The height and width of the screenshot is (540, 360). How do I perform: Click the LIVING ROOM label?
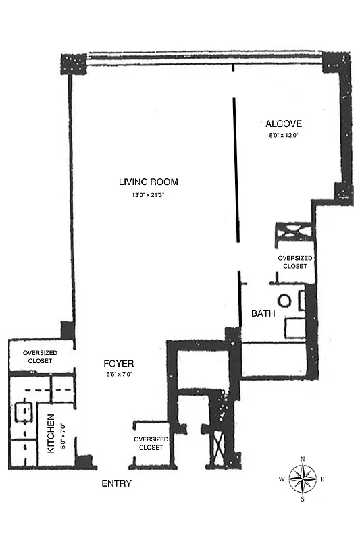point(148,182)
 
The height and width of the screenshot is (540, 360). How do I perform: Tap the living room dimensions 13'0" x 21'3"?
point(148,195)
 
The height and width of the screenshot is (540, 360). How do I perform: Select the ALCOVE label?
point(283,124)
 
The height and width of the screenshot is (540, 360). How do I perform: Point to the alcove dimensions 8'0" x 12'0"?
point(283,135)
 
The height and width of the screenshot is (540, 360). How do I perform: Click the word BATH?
point(262,314)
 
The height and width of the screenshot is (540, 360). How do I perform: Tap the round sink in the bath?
point(284,300)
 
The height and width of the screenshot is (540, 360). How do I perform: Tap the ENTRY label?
point(116,484)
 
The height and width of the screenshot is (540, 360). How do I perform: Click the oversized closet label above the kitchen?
point(39,357)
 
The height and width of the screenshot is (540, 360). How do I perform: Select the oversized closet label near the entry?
point(151,443)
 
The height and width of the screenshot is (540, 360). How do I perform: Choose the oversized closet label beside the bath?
point(295,262)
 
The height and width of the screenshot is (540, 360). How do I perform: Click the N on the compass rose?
point(302,460)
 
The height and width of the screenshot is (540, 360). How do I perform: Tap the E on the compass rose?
point(322,479)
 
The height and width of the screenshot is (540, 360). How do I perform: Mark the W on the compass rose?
point(282,479)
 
